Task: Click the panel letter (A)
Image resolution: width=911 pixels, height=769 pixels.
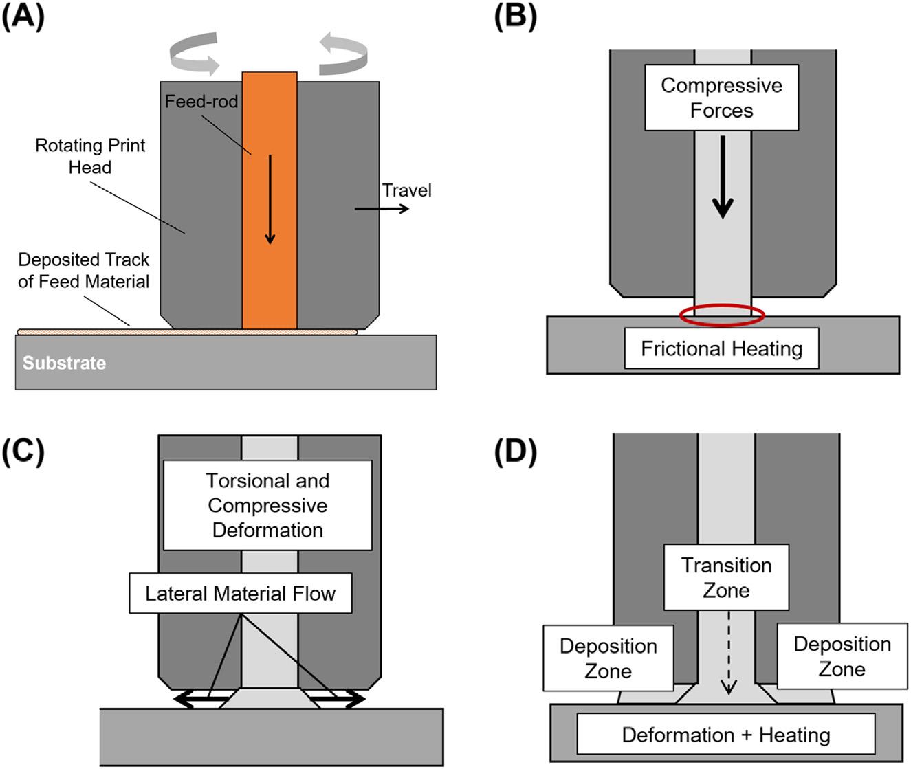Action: click(x=23, y=17)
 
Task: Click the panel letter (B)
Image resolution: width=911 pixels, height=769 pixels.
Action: click(x=515, y=17)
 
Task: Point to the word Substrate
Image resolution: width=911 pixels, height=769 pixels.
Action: click(x=64, y=363)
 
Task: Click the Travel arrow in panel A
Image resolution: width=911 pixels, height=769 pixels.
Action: click(x=382, y=207)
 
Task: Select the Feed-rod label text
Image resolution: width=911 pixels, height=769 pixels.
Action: click(x=201, y=102)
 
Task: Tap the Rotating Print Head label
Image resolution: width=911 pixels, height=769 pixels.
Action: click(x=90, y=156)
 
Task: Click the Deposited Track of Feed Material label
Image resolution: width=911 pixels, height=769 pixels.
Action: click(x=83, y=270)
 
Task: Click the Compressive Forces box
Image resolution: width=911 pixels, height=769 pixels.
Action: click(x=721, y=98)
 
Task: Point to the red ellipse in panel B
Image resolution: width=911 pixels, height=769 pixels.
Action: click(x=721, y=315)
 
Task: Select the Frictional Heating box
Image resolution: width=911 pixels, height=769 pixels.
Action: click(x=721, y=348)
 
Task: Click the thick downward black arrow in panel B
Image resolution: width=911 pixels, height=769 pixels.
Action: click(x=722, y=177)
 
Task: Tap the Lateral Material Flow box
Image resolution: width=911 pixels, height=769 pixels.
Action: click(x=240, y=593)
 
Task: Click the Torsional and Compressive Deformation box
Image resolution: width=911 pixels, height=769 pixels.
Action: click(x=267, y=505)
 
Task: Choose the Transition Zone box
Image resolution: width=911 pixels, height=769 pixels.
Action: click(x=726, y=577)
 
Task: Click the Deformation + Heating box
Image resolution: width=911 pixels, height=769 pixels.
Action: click(x=725, y=735)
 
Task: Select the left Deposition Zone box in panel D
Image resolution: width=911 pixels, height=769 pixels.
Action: click(x=608, y=658)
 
